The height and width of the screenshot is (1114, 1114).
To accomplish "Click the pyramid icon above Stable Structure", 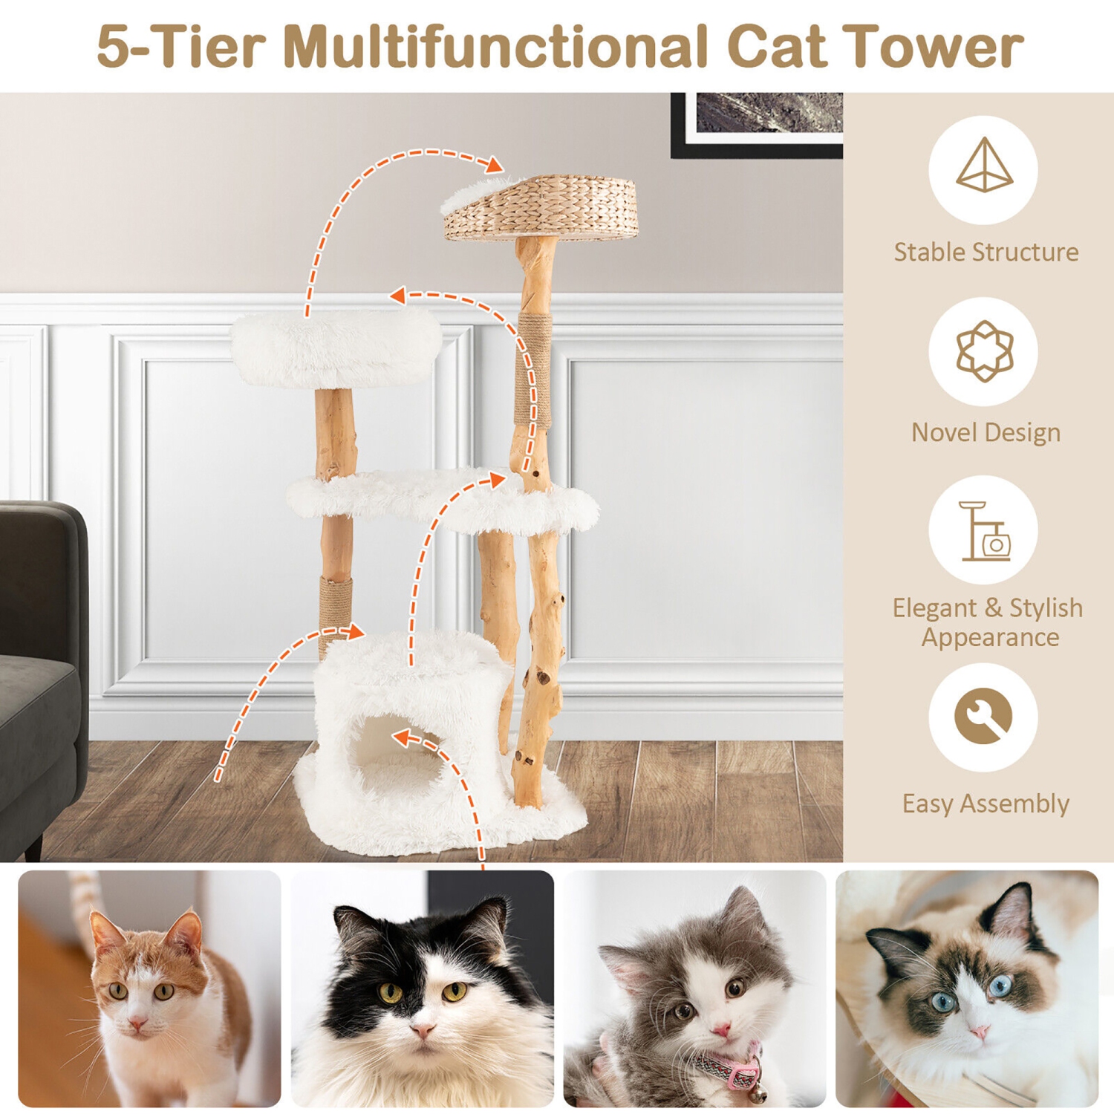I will pos(983,166).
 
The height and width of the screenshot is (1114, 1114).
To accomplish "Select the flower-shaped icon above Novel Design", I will pos(984,351).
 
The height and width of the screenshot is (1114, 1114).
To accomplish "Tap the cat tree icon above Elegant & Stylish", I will pos(984,532).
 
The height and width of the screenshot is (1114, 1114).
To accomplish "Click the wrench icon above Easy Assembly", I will pos(983,716).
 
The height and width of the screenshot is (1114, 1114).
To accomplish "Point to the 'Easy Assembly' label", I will pos(986,804).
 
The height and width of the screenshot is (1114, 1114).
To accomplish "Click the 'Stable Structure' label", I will pos(986,253).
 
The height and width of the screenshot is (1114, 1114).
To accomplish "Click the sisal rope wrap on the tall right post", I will pos(535,368).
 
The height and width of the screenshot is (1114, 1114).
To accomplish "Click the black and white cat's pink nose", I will pos(422,1030).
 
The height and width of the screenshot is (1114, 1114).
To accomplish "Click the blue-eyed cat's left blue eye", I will pos(943,1003).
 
